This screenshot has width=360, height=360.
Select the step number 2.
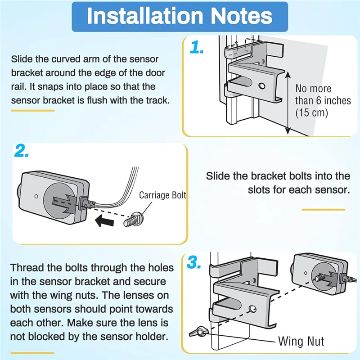coord(22,152)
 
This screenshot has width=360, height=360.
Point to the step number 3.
coord(193,263)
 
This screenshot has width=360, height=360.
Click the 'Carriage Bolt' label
coord(162,195)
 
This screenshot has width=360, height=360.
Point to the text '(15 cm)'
coord(311,112)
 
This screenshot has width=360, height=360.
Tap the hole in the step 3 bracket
coord(254,309)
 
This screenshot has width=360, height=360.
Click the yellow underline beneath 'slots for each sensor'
coord(323,209)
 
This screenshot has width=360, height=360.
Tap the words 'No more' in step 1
coord(313,89)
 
